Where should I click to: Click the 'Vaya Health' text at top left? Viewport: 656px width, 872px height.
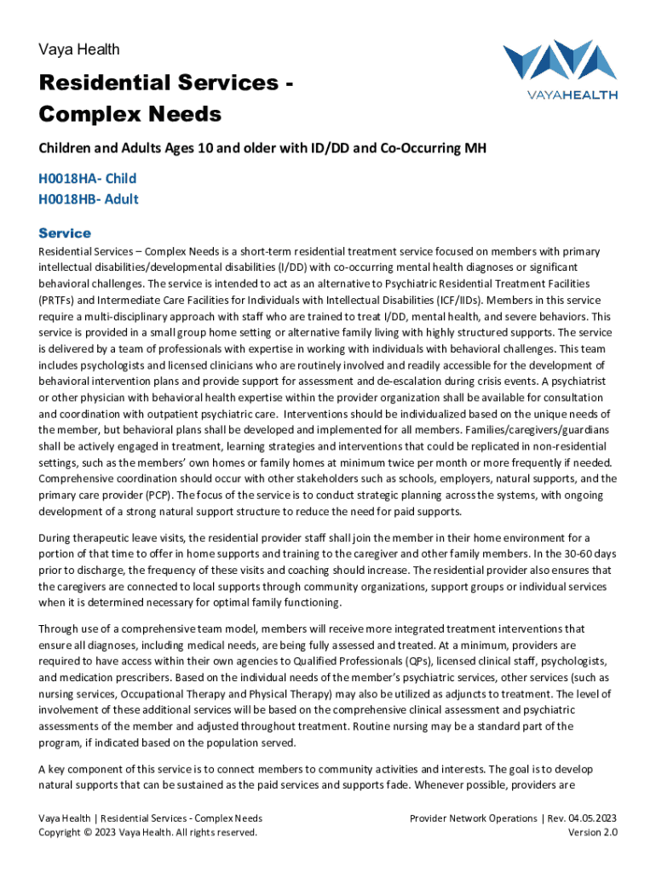point(79,49)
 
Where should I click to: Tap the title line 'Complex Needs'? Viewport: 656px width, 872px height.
point(129,114)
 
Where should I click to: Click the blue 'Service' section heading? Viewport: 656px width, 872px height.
point(65,232)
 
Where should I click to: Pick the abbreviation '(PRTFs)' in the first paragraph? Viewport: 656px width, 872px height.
point(60,300)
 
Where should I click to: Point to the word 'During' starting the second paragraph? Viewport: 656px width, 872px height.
point(56,537)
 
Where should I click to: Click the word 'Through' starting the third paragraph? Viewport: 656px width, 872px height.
point(60,628)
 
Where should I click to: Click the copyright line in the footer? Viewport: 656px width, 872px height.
point(147,832)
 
